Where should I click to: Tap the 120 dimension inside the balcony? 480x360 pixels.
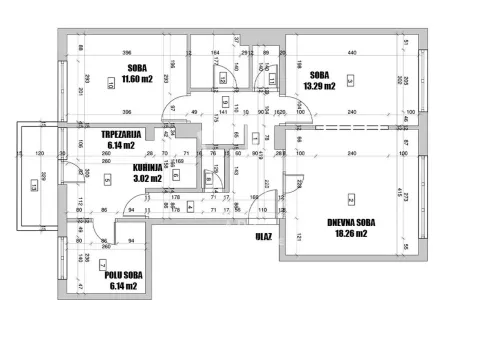pos(39,154)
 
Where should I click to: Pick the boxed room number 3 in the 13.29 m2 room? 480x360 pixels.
pos(347,80)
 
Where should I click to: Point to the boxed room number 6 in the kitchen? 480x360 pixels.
pos(176,175)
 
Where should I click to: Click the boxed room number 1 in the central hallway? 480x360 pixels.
pos(222,101)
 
